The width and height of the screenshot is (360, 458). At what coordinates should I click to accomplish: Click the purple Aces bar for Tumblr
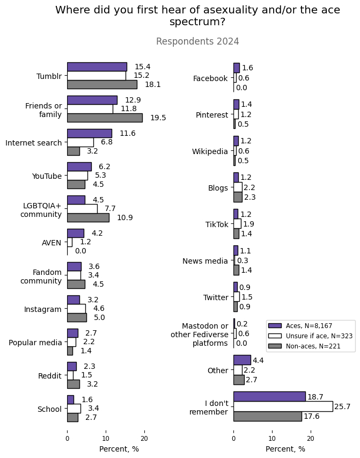click(x=97, y=67)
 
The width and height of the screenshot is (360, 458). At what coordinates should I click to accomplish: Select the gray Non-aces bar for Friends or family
click(x=105, y=118)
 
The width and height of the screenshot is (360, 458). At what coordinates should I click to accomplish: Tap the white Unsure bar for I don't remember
click(x=283, y=406)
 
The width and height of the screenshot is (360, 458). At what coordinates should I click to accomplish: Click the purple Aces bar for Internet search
click(x=90, y=133)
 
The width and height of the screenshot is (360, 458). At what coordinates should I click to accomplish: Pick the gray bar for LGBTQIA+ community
click(x=88, y=217)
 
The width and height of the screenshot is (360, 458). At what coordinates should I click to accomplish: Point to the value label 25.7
click(x=342, y=407)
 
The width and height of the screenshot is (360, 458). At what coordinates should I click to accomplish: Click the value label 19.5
click(x=158, y=118)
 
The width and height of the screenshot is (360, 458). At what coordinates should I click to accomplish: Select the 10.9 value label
click(x=125, y=217)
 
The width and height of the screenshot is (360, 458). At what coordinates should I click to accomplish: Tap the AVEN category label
click(x=52, y=243)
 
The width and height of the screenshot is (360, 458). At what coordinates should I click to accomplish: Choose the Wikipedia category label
click(x=210, y=151)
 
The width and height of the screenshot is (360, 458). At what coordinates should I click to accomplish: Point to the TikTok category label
click(x=217, y=224)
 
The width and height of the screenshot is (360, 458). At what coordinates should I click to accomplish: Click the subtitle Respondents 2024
click(x=197, y=41)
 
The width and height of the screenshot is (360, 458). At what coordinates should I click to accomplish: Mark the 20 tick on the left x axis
click(x=144, y=438)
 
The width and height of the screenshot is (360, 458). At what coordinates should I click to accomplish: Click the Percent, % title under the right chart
click(x=285, y=449)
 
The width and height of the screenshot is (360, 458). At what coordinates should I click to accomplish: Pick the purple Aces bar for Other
click(x=242, y=360)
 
